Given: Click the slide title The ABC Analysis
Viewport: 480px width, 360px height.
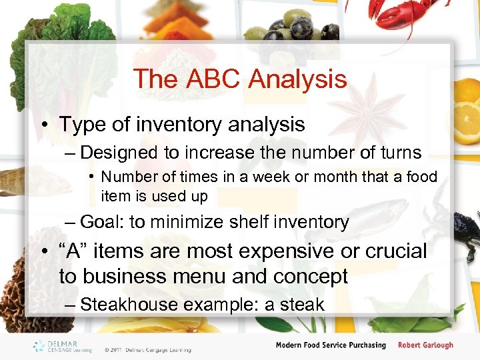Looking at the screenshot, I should pos(240,79).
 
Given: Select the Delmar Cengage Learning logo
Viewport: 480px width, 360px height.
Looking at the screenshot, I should pos(63,346).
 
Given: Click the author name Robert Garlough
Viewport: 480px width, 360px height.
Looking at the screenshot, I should pos(425,345).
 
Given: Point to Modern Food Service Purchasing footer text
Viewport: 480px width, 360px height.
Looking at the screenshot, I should pos(331,345).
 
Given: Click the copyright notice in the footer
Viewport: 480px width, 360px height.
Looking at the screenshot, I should pos(147,349).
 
